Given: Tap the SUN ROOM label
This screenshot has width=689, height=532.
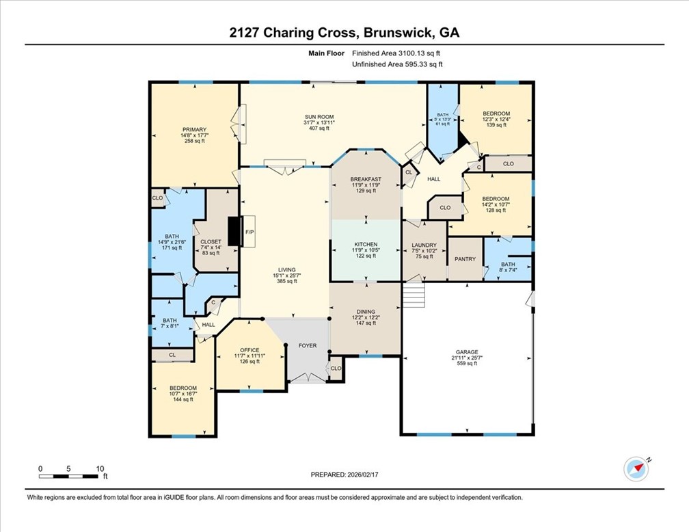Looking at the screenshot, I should tap(319, 116).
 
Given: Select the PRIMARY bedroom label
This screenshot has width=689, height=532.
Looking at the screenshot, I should tap(194, 129).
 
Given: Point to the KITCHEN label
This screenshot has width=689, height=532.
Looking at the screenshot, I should tap(366, 244).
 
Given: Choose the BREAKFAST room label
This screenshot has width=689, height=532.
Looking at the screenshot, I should tap(366, 179).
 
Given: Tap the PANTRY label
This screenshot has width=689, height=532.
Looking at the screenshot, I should tap(465, 260).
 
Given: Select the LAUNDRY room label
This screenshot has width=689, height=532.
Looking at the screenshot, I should tap(424, 244).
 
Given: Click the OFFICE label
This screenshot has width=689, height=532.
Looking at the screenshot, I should tap(249, 350).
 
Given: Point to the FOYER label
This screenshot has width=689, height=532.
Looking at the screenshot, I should tap(308, 345).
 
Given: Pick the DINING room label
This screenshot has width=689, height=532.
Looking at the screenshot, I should tap(366, 311).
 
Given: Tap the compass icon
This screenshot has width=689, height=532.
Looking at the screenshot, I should tap(636, 468).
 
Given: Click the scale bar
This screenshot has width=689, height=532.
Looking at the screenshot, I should tap(68, 475).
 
